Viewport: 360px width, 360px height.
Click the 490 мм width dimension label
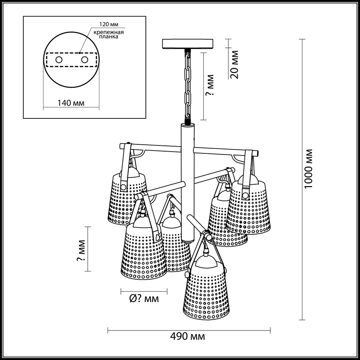[x=188, y=337]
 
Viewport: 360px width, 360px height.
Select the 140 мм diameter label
[x=71, y=103]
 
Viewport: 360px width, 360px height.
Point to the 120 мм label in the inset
[x=109, y=24]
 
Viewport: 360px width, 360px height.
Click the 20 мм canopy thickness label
[x=234, y=64]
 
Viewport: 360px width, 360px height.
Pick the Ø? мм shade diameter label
[x=144, y=299]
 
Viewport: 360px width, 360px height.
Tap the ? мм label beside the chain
[x=210, y=85]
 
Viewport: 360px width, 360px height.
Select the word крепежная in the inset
[x=109, y=32]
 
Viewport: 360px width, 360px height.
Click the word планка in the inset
[x=109, y=36]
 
